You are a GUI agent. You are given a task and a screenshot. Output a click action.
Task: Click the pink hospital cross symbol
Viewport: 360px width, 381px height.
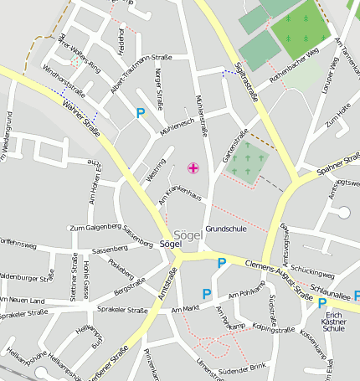point(193,169)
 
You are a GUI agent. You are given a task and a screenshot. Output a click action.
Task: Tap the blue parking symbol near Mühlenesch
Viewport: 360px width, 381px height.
point(141,113)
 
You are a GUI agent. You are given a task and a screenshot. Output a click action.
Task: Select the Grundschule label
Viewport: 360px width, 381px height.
point(226,229)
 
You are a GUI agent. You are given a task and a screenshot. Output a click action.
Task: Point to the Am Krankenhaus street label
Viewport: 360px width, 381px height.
point(181,197)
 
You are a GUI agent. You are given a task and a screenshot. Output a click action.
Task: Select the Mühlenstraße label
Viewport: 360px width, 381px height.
point(199,108)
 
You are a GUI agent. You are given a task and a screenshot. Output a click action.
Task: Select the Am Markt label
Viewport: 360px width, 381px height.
point(188,309)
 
